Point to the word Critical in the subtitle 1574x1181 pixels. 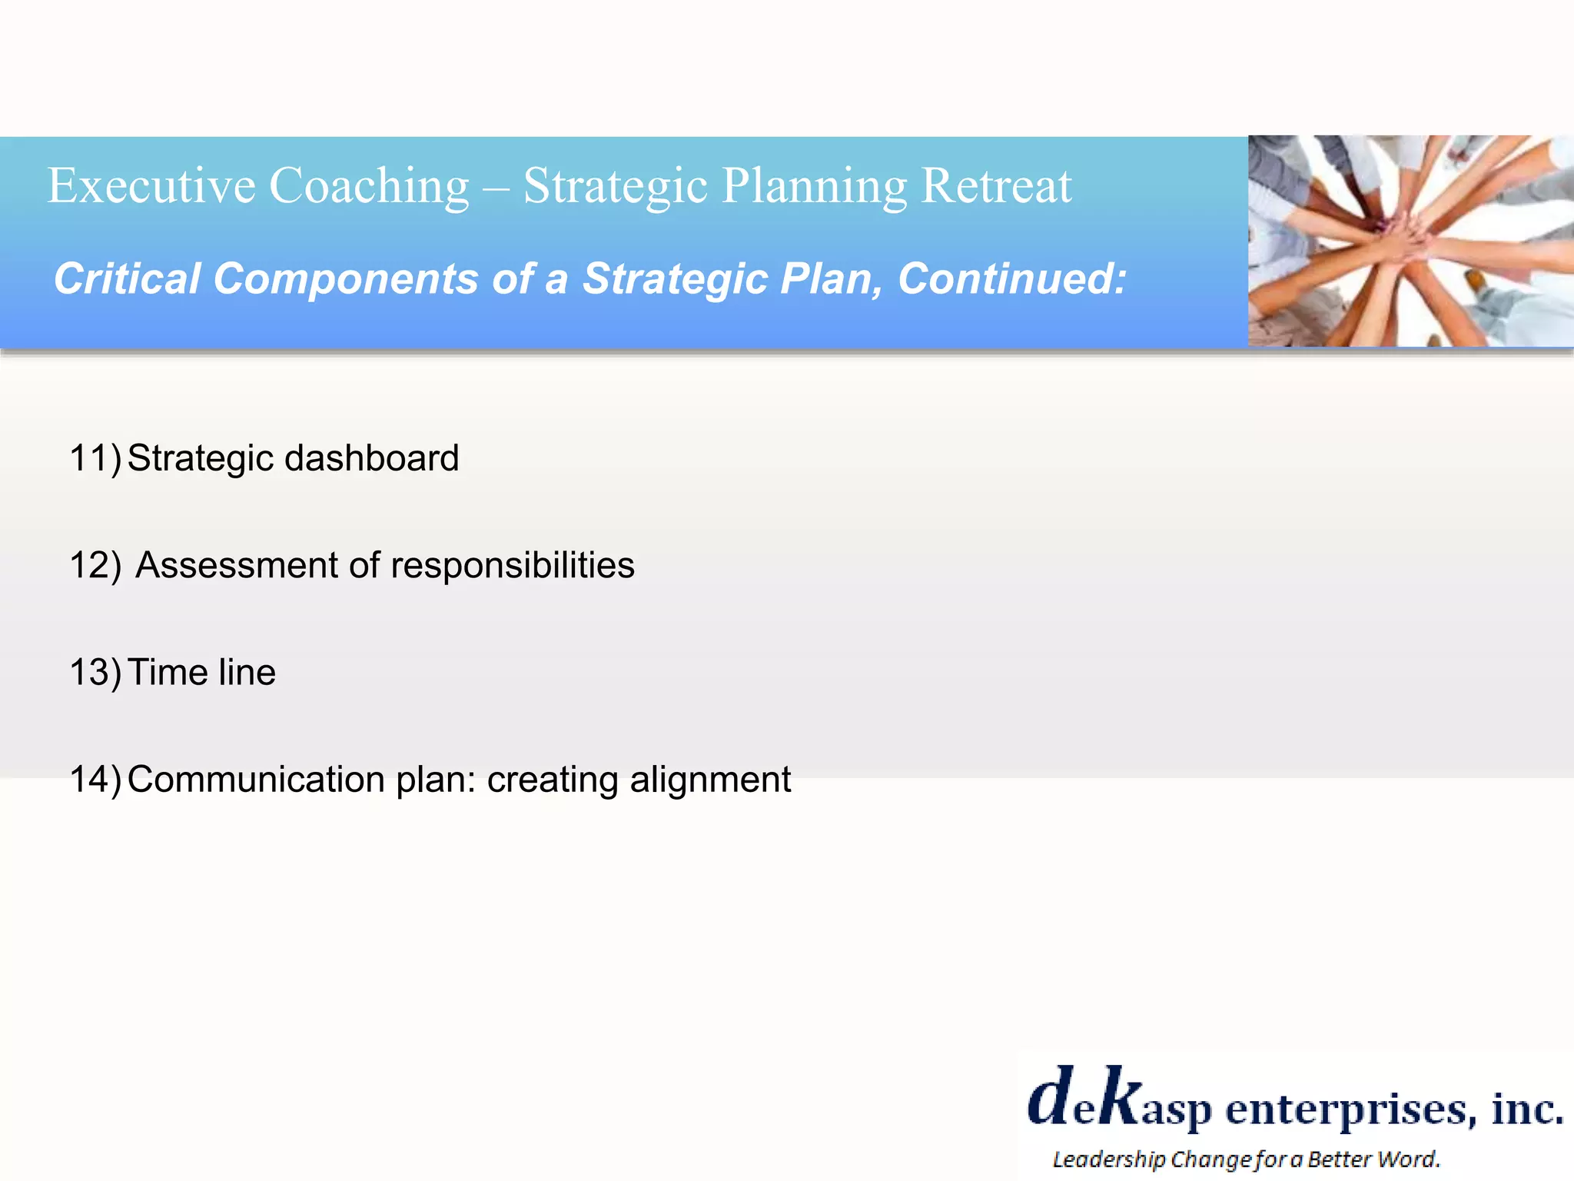[127, 278]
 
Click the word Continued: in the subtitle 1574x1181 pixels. [1012, 278]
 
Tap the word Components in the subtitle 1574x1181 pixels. [345, 278]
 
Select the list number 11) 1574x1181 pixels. [95, 458]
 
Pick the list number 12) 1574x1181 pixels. [95, 565]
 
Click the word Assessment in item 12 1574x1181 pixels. [237, 565]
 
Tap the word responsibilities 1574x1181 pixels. [513, 565]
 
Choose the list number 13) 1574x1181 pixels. [95, 672]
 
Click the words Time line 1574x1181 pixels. [201, 672]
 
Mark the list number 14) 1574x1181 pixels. [95, 779]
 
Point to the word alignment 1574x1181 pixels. [710, 780]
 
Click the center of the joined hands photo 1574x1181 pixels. [1410, 241]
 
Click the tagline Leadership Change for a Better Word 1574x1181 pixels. [1246, 1159]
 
